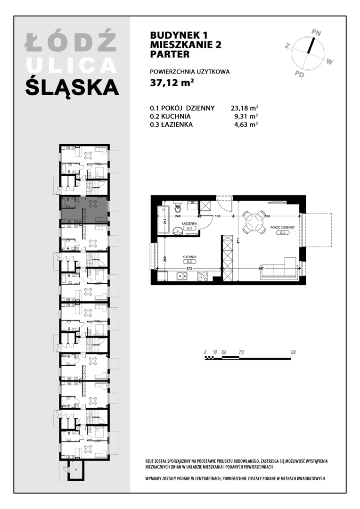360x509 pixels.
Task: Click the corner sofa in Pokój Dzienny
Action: pos(279,269)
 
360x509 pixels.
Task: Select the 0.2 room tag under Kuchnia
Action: pos(189,262)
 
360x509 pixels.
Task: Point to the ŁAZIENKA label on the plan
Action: pos(189,223)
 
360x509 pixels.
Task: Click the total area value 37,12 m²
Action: pos(172,83)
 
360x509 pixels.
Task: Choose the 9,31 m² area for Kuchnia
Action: pos(244,116)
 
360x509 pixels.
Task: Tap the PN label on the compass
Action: pos(316,32)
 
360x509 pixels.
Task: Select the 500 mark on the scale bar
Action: pos(293,352)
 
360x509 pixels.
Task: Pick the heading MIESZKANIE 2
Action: pos(186,45)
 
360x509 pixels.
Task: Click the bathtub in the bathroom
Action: pos(162,220)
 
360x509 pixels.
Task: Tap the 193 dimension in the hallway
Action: pos(218,216)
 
